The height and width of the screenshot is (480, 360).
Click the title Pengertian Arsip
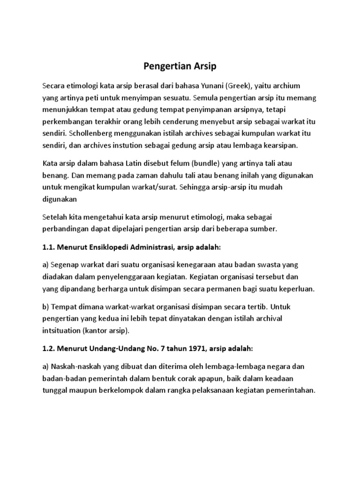pyautogui.click(x=180, y=66)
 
